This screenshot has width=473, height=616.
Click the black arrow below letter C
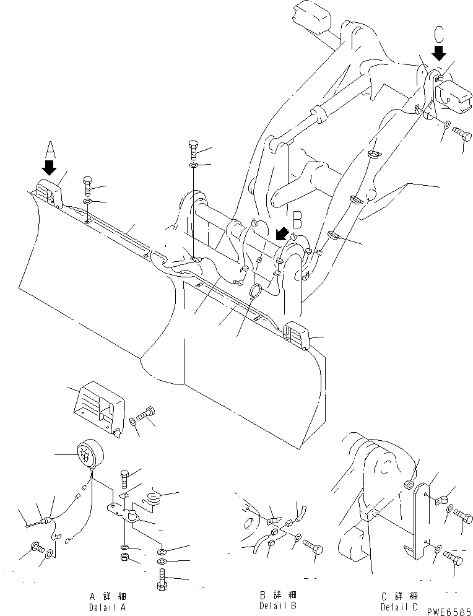pos(438,53)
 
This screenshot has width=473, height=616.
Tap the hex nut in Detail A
pos(124,559)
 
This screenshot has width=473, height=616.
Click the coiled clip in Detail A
pos(154,496)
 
